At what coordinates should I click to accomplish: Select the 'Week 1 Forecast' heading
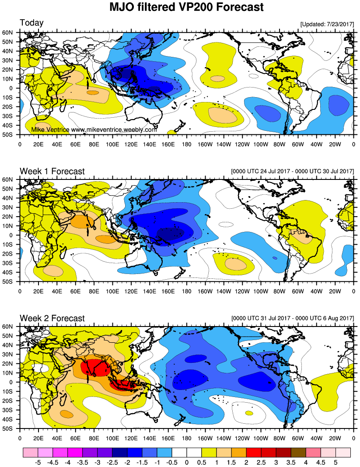[52, 171]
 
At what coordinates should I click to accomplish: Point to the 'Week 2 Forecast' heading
[52, 318]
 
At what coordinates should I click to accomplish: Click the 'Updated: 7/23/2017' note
[327, 24]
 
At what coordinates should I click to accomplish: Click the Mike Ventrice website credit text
[94, 130]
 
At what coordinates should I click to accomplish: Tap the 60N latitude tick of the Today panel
[10, 32]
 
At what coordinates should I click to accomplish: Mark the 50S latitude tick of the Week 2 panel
[10, 429]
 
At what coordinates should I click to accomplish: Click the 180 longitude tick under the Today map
[187, 143]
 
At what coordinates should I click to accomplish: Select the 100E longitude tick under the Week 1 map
[112, 290]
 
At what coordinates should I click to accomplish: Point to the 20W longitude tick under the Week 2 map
[335, 437]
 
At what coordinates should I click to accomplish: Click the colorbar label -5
[38, 461]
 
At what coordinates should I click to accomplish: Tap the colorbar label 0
[187, 461]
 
